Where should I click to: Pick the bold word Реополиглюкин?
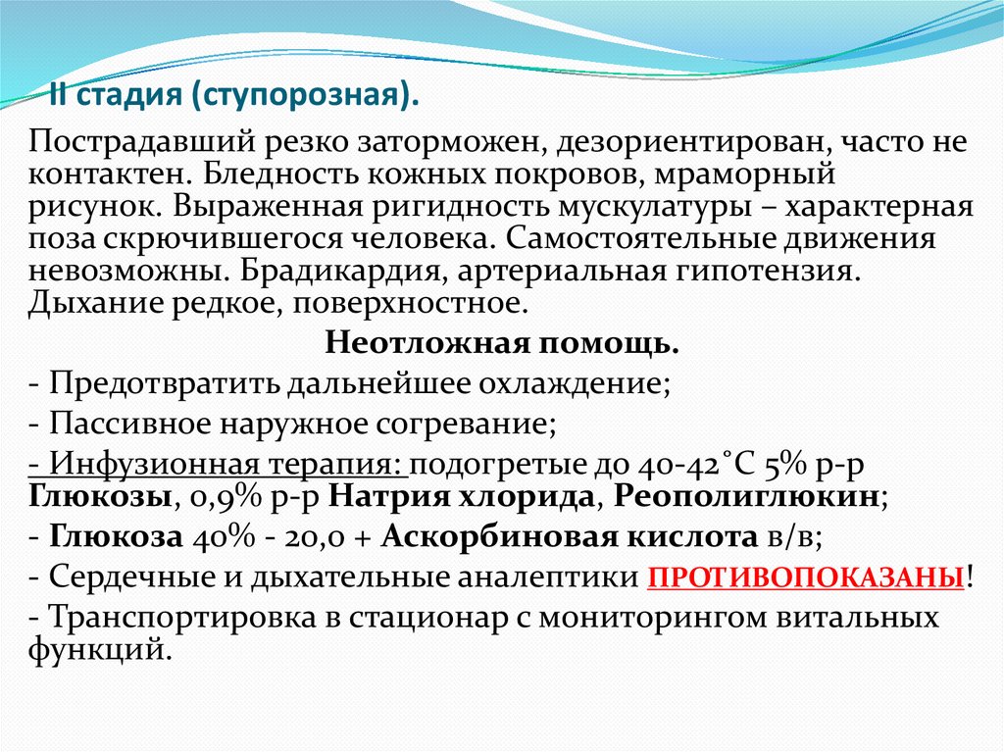click(x=746, y=494)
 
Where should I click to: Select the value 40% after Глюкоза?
click(x=217, y=536)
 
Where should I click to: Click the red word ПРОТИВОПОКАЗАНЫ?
click(x=805, y=577)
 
